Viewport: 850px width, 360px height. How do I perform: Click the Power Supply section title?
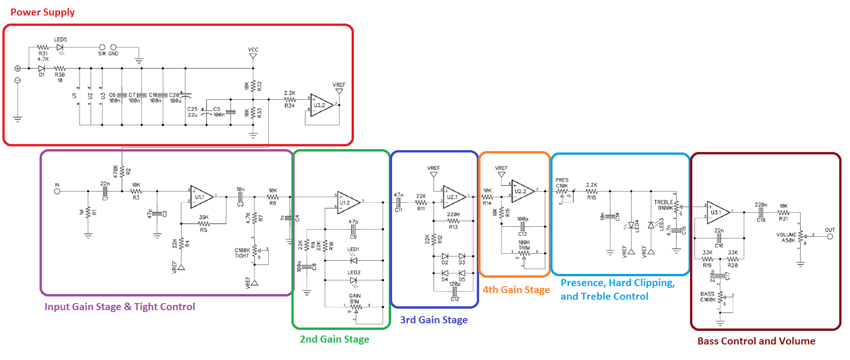42,12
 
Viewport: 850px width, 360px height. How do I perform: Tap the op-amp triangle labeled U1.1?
201,196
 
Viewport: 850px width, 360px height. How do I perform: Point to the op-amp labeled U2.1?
453,196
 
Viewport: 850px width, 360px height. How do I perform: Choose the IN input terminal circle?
57,191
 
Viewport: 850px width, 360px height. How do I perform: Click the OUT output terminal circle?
830,236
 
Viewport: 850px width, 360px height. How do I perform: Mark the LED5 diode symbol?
60,47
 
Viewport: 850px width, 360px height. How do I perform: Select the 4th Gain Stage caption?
516,290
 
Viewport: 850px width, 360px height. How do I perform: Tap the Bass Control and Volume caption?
756,341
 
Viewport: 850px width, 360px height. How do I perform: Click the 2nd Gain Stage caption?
334,339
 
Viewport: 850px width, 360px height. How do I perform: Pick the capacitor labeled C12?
455,292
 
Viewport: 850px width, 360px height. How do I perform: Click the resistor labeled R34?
290,99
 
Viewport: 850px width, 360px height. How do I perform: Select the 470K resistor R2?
122,172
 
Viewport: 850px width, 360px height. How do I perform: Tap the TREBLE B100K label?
664,205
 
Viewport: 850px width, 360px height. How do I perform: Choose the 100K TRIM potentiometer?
524,253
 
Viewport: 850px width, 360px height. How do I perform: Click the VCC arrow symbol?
253,56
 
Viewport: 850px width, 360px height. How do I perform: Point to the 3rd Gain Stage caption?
433,320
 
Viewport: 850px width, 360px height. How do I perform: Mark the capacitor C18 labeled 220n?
761,211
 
